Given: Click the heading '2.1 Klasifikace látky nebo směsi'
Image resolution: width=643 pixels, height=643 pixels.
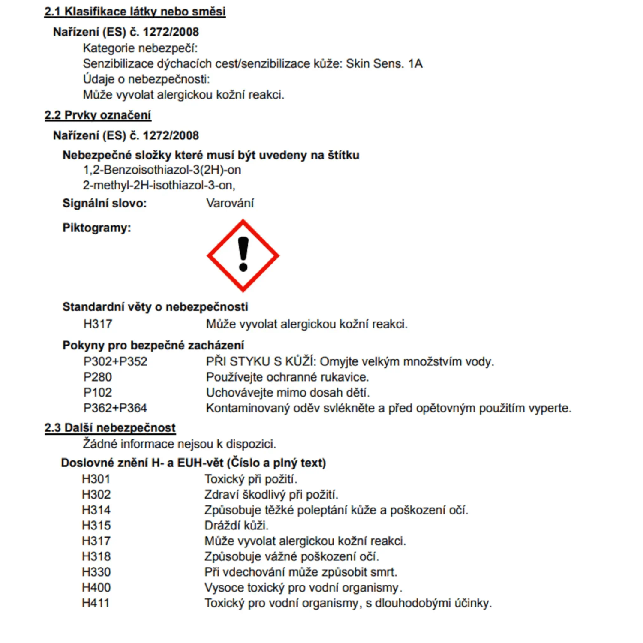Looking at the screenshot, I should coord(135,12).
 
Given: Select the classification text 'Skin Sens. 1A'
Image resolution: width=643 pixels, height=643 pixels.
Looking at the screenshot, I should coord(384,64).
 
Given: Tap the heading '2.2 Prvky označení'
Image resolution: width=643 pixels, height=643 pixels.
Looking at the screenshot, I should coord(98,115).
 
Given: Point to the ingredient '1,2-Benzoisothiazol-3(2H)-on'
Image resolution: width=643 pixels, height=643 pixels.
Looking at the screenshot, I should coord(162,170).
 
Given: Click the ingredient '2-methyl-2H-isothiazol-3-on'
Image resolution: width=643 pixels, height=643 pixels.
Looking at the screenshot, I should coord(159,186).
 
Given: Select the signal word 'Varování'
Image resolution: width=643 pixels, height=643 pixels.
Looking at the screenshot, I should coord(230,203).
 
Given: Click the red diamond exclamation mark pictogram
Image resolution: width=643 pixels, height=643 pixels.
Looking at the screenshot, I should coord(243,256).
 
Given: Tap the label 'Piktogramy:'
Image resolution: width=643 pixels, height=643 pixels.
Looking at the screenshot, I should coord(96,228).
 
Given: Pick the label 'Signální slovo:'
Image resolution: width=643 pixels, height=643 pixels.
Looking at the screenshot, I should coord(105,203).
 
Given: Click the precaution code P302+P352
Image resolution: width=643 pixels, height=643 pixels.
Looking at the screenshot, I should coord(115,362).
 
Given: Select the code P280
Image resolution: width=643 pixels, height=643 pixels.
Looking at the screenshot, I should coord(97,377).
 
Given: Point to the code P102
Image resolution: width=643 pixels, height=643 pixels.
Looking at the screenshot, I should coord(97,393).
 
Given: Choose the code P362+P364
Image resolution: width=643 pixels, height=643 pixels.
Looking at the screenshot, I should coord(115,408).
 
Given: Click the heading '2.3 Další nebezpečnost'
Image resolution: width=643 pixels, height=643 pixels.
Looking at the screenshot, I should coord(110,428).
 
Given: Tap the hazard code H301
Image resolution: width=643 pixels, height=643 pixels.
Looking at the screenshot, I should coord(96,479).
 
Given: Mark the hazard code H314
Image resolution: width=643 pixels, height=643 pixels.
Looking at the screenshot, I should coord(96,510).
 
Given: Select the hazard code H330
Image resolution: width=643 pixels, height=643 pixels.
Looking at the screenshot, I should coord(96,572).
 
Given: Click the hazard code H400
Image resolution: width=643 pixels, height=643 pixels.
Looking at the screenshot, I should coord(96,588).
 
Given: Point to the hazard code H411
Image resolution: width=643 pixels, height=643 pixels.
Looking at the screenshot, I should coord(95,603).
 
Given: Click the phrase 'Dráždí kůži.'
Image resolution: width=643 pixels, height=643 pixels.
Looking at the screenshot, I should coord(236,526).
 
